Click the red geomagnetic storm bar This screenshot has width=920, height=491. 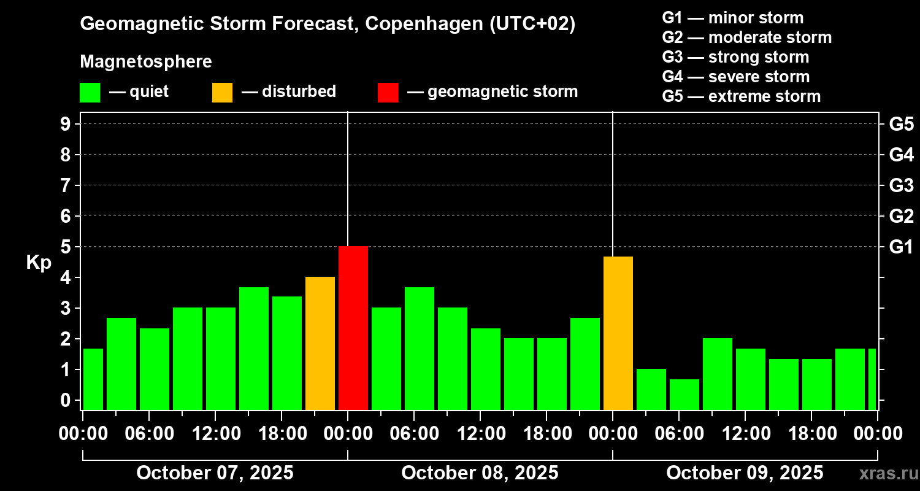coord(353,328)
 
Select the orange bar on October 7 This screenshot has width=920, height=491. coord(320,344)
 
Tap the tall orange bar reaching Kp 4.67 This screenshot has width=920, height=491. coord(618,333)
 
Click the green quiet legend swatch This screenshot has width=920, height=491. coord(90,93)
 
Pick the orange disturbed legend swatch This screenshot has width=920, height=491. coord(222,93)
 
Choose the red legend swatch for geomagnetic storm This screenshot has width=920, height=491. coord(388,93)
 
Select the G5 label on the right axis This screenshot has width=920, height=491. coord(901,125)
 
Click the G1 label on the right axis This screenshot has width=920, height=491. coord(901,247)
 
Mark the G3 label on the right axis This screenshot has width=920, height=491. coord(901,186)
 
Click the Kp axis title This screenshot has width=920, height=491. coord(39,263)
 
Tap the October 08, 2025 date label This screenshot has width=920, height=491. coord(480,473)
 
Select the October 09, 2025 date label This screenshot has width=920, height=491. coord(745,473)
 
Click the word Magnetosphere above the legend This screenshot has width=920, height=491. coord(146,62)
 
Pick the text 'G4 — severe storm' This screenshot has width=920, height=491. coord(736,77)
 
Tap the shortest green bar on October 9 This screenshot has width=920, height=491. coord(684,395)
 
